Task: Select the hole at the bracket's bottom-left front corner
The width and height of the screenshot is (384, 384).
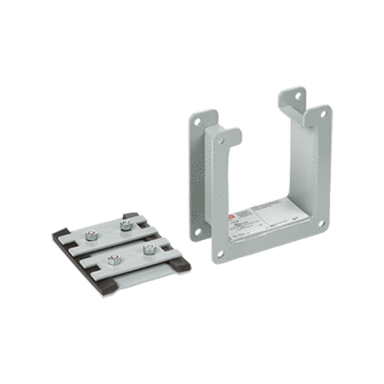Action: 220,253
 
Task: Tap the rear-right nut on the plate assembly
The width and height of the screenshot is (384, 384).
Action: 125,227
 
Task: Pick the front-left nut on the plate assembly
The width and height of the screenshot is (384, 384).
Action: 112,258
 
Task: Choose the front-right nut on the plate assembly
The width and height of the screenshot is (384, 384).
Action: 148,249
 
